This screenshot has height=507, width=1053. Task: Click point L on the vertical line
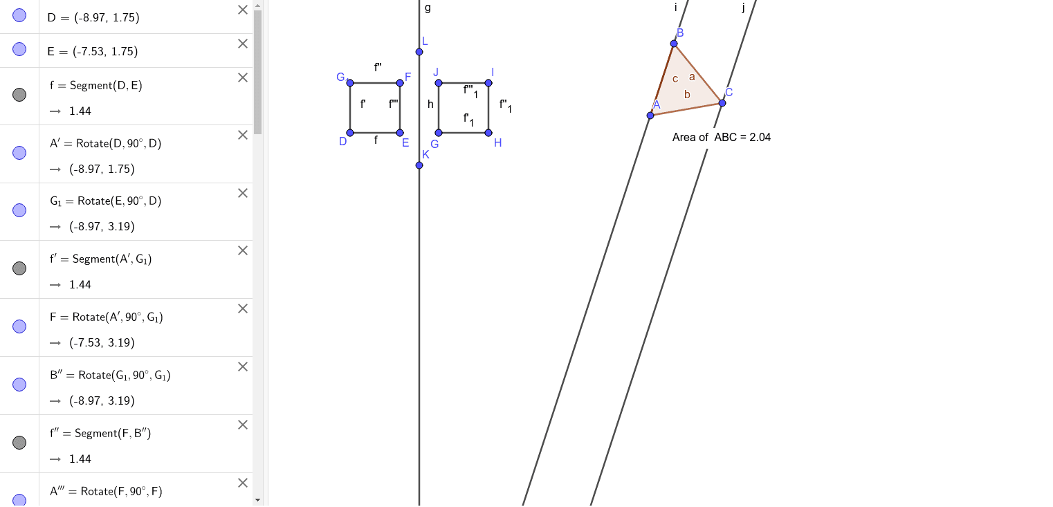[419, 52]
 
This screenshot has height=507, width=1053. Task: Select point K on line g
[419, 165]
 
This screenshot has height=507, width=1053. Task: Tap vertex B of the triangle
[674, 44]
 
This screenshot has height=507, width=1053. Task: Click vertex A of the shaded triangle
[650, 116]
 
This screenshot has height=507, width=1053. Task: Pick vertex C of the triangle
[722, 103]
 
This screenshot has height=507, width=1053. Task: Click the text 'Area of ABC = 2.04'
[721, 138]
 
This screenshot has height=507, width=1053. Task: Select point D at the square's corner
[350, 132]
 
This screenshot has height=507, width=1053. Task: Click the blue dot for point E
[400, 132]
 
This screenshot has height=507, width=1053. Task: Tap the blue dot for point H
[488, 132]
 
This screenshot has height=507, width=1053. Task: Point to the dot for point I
[488, 83]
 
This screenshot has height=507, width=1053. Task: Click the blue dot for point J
[439, 83]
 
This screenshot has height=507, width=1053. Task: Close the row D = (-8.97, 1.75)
[242, 10]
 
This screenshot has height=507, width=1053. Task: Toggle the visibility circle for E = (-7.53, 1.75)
[19, 49]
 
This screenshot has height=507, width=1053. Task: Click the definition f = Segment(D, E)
[96, 85]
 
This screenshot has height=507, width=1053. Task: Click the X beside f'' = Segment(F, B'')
[242, 425]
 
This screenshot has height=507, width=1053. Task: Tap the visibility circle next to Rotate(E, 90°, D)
[19, 210]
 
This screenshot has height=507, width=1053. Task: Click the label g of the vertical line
[428, 8]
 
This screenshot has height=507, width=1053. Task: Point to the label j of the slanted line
[743, 8]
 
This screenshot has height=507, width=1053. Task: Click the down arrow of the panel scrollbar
[257, 499]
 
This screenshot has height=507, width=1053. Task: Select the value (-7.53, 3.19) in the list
[102, 342]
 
